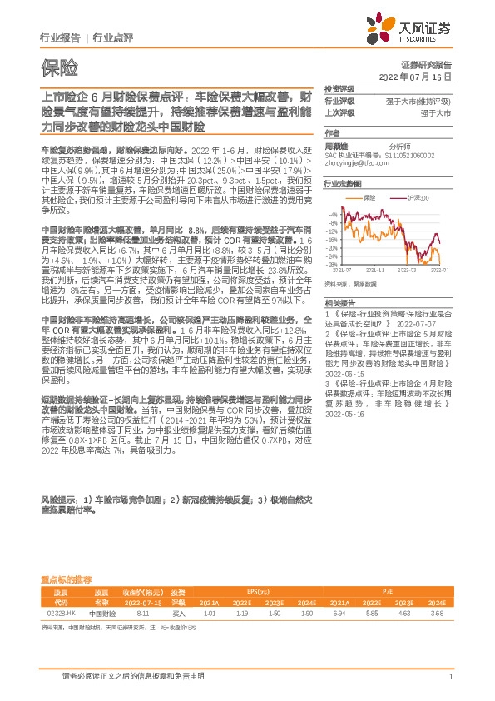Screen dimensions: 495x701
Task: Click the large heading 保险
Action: point(59,66)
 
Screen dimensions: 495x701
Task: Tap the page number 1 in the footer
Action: point(450,678)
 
